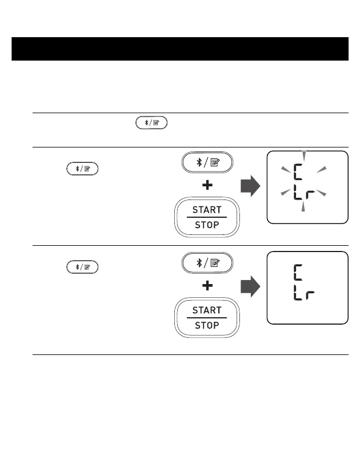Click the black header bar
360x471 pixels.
click(180, 49)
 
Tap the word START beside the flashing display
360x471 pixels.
click(207, 210)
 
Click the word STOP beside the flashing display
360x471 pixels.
click(207, 225)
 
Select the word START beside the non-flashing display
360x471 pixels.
click(207, 310)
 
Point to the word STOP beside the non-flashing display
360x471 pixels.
click(207, 325)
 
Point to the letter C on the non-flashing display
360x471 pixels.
click(298, 273)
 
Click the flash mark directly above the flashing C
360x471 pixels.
click(304, 156)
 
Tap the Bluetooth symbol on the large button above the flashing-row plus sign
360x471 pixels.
click(199, 162)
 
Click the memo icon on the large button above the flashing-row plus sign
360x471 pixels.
click(215, 162)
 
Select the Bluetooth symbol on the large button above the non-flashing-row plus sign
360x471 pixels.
click(199, 264)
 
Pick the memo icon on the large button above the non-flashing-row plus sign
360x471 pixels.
click(215, 264)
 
